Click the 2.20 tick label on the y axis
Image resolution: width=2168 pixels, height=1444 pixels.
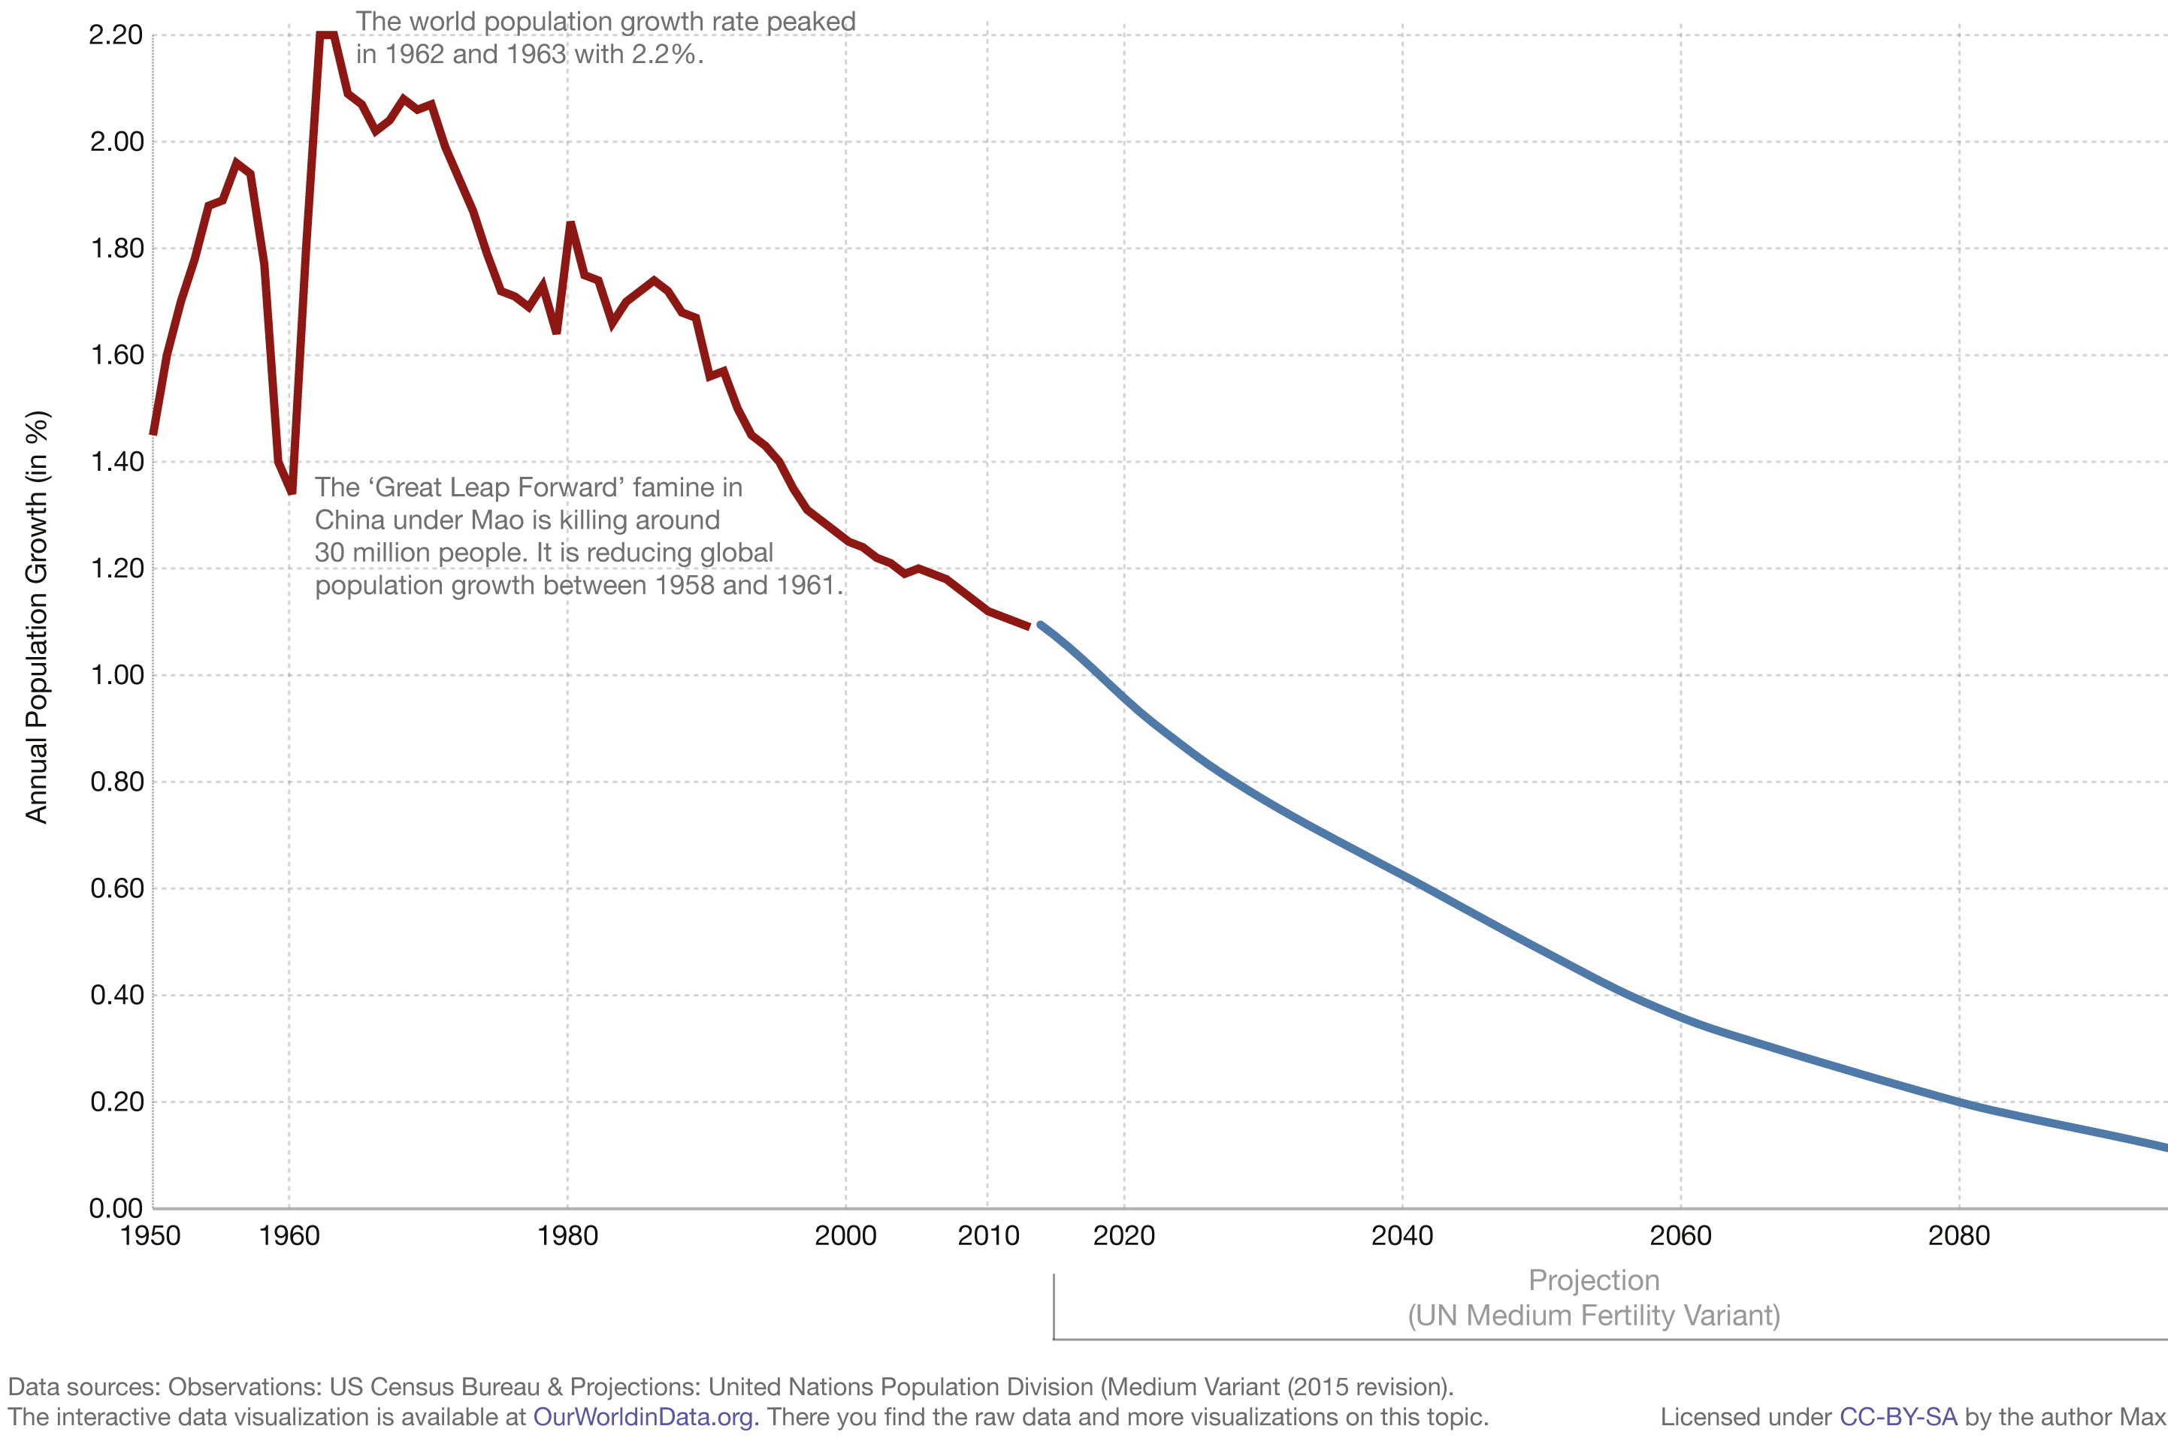(x=116, y=35)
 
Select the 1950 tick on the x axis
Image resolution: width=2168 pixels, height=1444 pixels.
(x=150, y=1236)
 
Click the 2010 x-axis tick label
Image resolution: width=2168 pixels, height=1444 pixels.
(x=987, y=1236)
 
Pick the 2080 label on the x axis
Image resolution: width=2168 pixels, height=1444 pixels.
(x=1959, y=1236)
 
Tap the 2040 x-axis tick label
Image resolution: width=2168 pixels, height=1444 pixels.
(x=1401, y=1236)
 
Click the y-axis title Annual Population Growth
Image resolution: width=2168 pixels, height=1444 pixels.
(x=36, y=617)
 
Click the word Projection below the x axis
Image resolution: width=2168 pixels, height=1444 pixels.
(x=1593, y=1280)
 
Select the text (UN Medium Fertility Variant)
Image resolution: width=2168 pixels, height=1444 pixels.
(x=1593, y=1315)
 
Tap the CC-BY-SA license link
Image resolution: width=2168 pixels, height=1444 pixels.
(x=1897, y=1416)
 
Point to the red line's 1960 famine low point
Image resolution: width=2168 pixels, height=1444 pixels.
(x=291, y=491)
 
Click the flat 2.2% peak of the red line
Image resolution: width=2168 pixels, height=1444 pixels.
(x=326, y=35)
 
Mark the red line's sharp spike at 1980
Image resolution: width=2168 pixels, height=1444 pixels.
(x=570, y=225)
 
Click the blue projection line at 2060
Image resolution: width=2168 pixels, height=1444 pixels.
(x=1680, y=1017)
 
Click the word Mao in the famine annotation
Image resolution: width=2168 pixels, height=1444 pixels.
(x=497, y=520)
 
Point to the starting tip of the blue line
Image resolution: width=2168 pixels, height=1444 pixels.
(x=1041, y=626)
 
